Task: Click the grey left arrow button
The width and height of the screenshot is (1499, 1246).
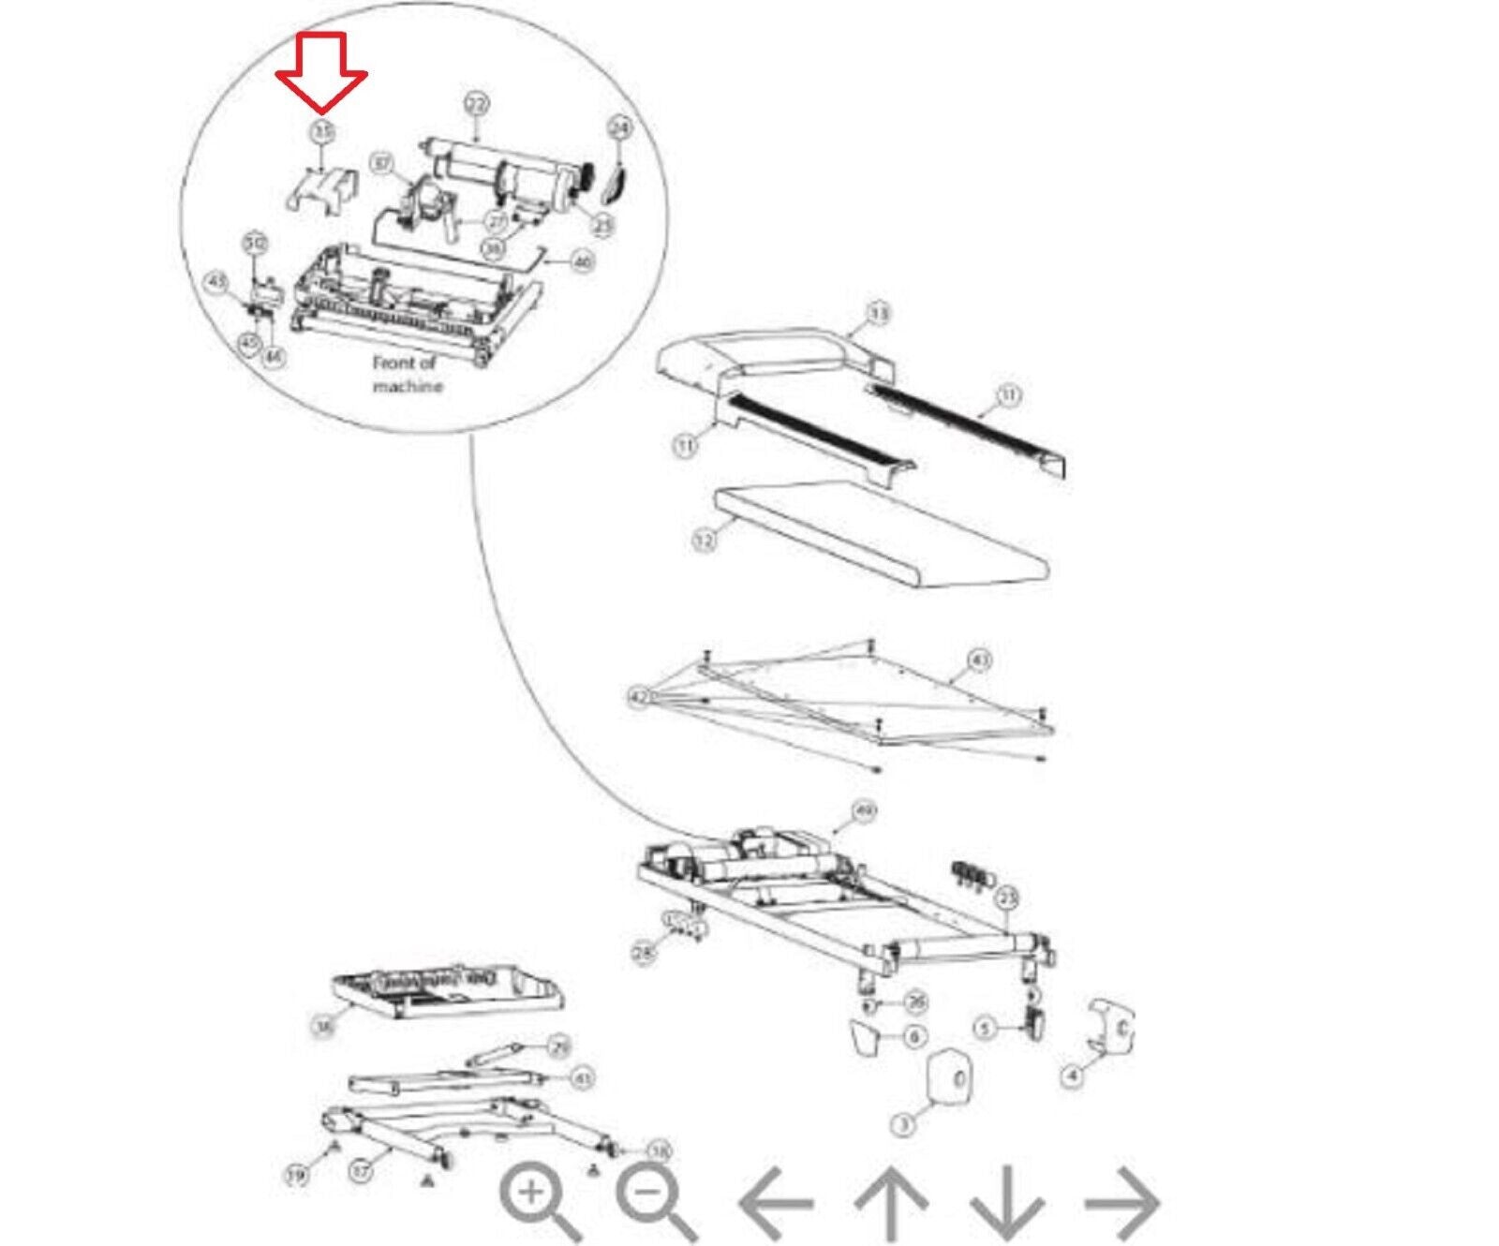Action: (776, 1202)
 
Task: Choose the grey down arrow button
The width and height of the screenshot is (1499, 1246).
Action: (1007, 1202)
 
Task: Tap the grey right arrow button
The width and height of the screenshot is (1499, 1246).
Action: (1122, 1202)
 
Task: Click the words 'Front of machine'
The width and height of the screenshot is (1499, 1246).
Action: (406, 374)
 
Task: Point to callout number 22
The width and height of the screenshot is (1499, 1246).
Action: (477, 105)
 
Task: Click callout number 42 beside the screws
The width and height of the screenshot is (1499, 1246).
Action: (640, 697)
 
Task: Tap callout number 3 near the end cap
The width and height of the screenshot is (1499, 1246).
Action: (903, 1124)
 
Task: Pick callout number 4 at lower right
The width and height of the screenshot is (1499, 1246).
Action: (1073, 1075)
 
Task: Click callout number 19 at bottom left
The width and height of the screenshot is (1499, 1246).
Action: (296, 1174)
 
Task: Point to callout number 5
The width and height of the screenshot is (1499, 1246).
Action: (984, 1029)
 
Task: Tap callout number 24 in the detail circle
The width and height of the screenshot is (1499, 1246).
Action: (620, 127)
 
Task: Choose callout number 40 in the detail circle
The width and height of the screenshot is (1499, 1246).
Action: (583, 262)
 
